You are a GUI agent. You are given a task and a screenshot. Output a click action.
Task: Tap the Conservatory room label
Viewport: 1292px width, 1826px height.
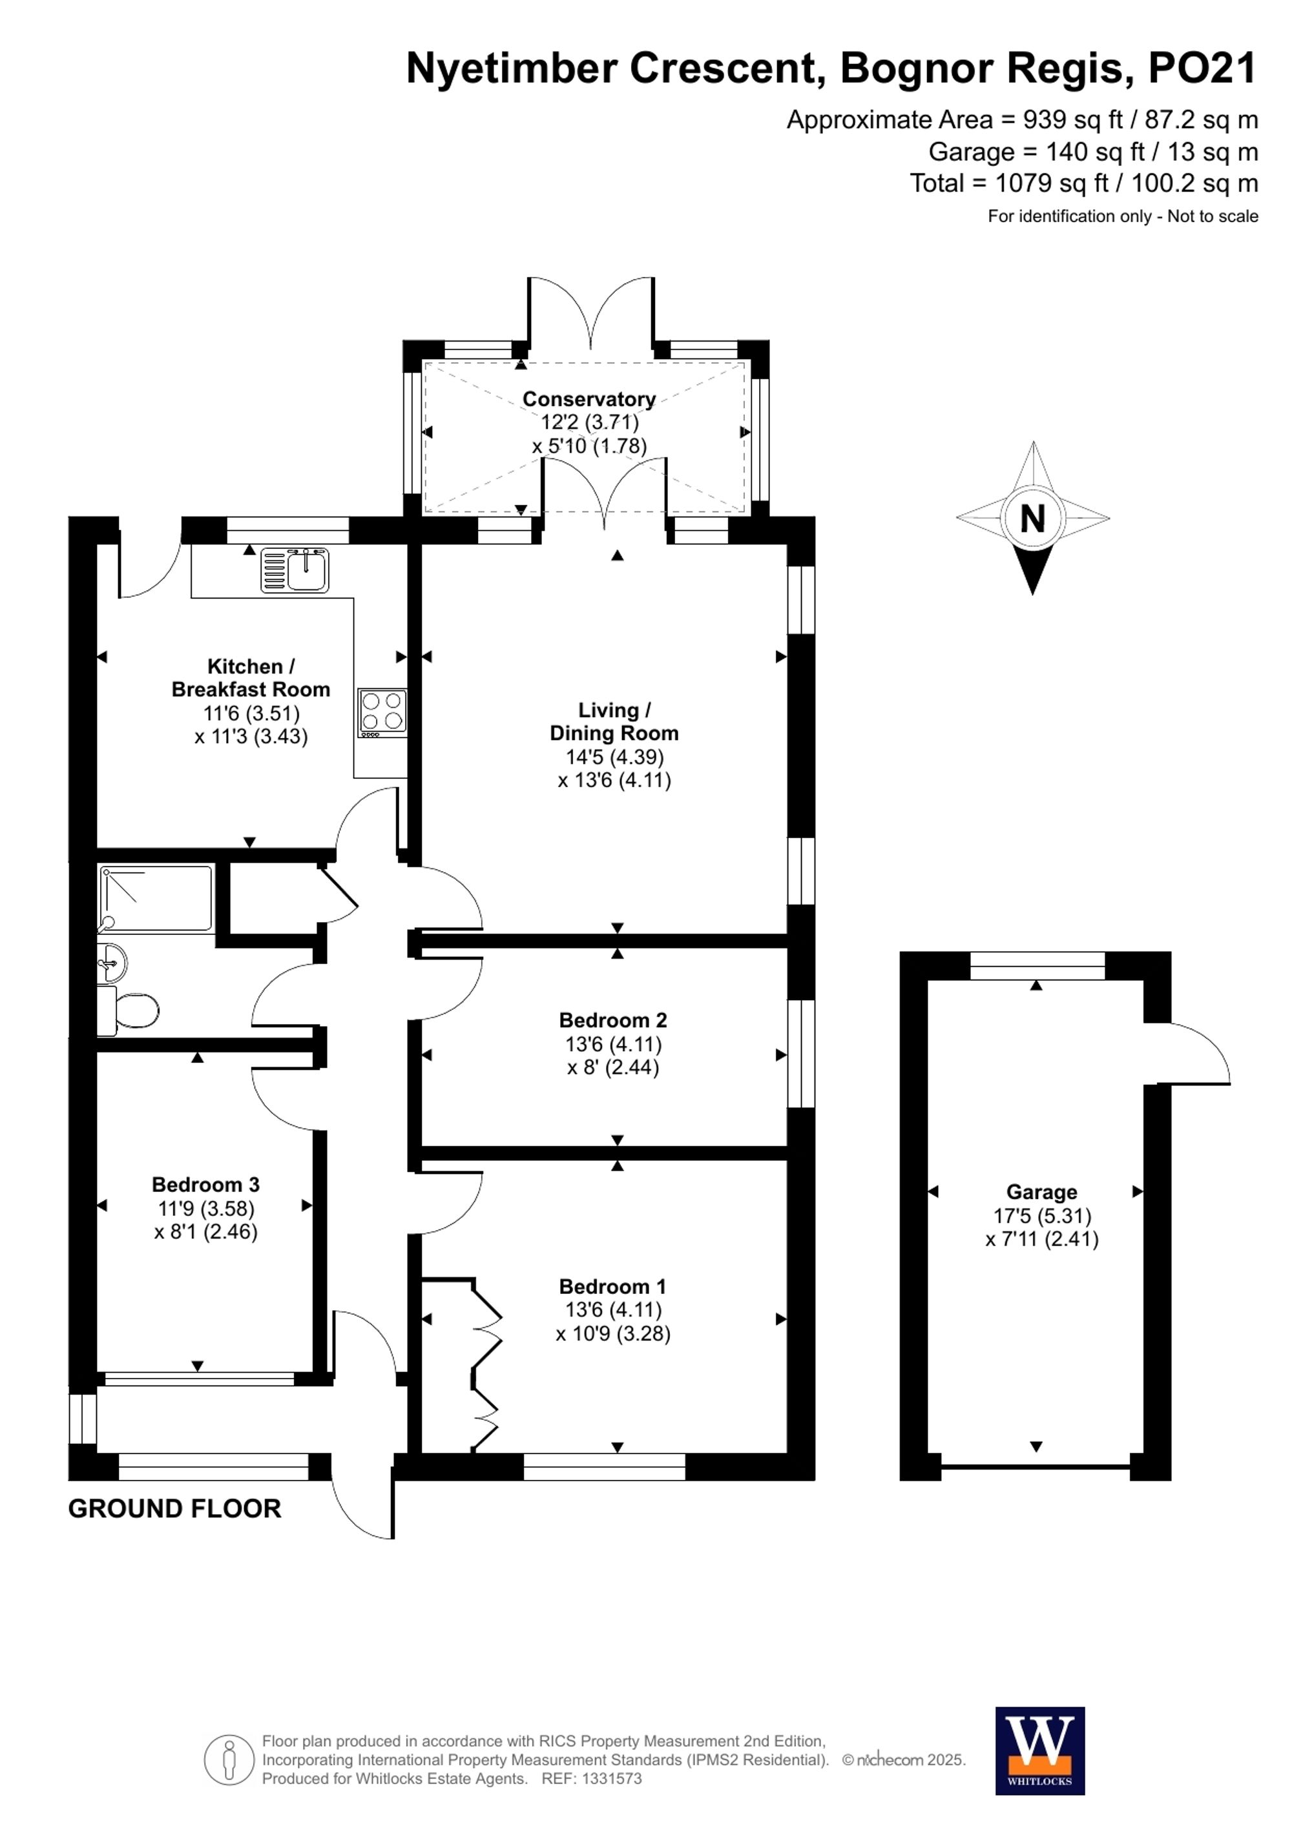coord(589,398)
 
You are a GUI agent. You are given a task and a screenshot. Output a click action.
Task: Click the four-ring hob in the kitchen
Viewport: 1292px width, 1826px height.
coord(382,711)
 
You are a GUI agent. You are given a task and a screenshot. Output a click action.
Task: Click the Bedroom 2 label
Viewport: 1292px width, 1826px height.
coord(612,1020)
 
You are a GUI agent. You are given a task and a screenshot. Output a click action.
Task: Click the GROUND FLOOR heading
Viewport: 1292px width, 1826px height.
coord(174,1509)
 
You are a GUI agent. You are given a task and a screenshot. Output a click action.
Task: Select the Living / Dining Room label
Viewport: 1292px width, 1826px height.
coord(614,721)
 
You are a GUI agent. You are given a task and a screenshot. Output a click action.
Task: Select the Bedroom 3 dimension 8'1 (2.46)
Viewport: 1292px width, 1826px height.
coord(206,1232)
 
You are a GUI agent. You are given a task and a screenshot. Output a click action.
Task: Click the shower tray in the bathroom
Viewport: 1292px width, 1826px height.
coord(156,898)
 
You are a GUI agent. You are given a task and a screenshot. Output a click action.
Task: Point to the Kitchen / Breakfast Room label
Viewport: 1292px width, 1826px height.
coord(251,677)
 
